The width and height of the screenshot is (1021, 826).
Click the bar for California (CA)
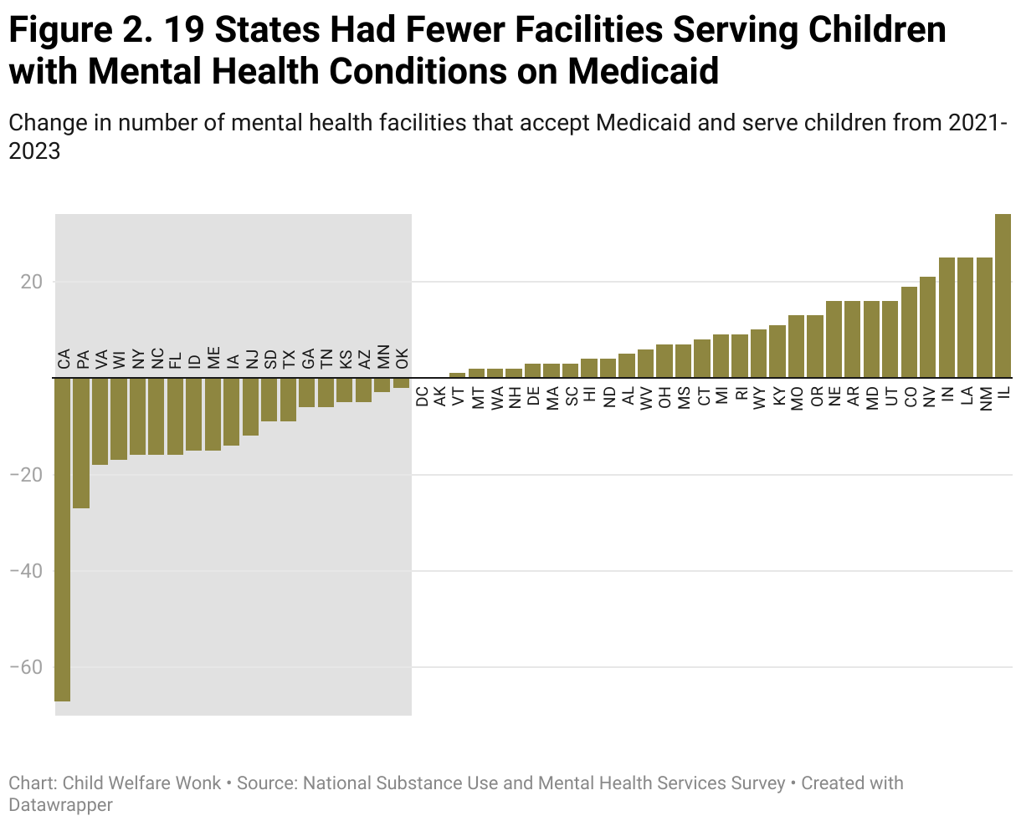pyautogui.click(x=63, y=539)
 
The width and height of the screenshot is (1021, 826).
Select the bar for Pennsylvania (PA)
pyautogui.click(x=81, y=443)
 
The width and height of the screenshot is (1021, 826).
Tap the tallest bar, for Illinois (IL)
pyautogui.click(x=1003, y=296)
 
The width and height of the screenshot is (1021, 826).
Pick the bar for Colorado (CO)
pyautogui.click(x=910, y=332)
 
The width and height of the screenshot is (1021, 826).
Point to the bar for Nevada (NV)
pyautogui.click(x=928, y=327)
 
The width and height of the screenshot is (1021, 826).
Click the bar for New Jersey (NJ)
pyautogui.click(x=251, y=406)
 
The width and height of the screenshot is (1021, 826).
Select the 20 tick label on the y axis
pyautogui.click(x=32, y=282)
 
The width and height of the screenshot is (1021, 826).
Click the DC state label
pyautogui.click(x=421, y=395)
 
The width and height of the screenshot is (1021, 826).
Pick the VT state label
pyautogui.click(x=458, y=395)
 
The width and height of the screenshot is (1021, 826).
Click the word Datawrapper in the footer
pyautogui.click(x=60, y=805)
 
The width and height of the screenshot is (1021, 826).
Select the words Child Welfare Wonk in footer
pyautogui.click(x=142, y=783)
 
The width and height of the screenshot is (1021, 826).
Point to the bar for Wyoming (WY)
pyautogui.click(x=759, y=353)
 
